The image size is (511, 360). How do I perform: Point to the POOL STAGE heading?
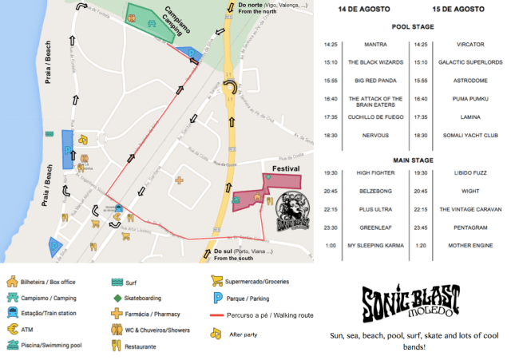click(x=413, y=26)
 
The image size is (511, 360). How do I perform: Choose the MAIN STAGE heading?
click(x=413, y=160)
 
